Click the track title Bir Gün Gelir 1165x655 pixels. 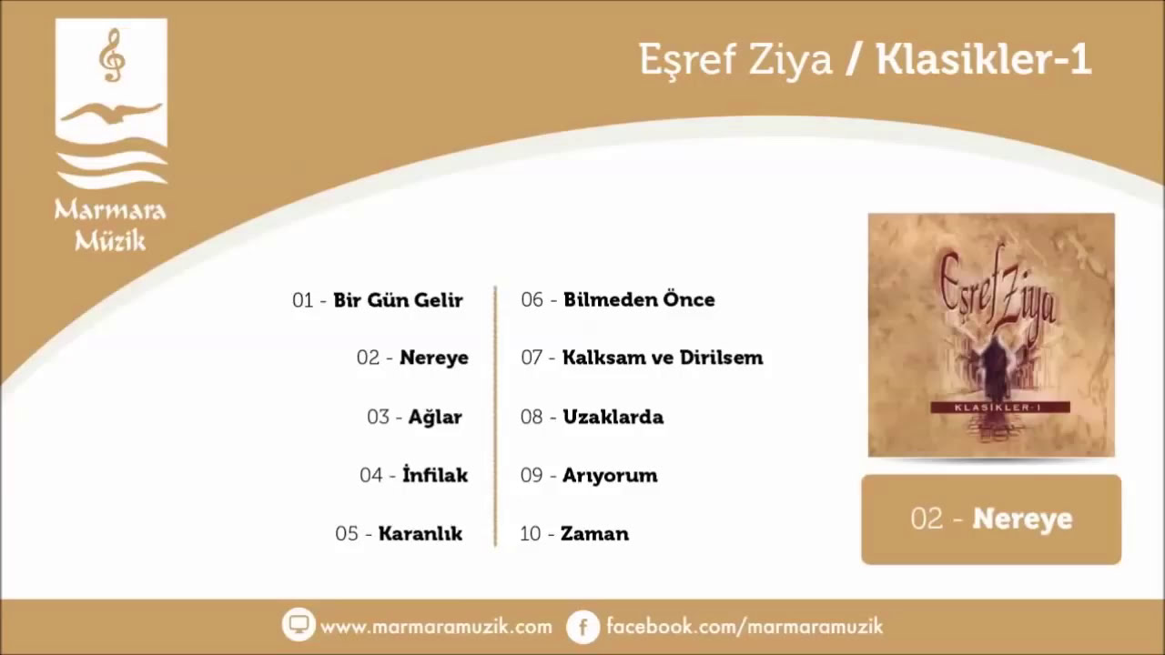398,300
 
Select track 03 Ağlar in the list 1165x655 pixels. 414,417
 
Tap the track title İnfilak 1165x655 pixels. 435,475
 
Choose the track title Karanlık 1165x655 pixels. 420,533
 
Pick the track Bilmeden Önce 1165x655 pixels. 639,299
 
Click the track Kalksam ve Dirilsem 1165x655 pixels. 663,358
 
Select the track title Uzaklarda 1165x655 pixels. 613,417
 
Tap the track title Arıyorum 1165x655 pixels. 610,475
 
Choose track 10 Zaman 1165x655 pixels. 574,533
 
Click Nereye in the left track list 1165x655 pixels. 434,358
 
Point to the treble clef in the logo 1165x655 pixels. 112,55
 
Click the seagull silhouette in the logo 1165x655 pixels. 111,114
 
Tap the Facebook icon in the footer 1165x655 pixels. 583,627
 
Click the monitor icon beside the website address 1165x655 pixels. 299,624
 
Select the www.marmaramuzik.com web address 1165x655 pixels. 436,627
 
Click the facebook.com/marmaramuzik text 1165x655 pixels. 745,626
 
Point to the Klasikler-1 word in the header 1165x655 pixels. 984,60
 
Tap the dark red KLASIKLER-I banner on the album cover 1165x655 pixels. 1000,408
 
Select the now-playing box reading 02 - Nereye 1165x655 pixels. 991,519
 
